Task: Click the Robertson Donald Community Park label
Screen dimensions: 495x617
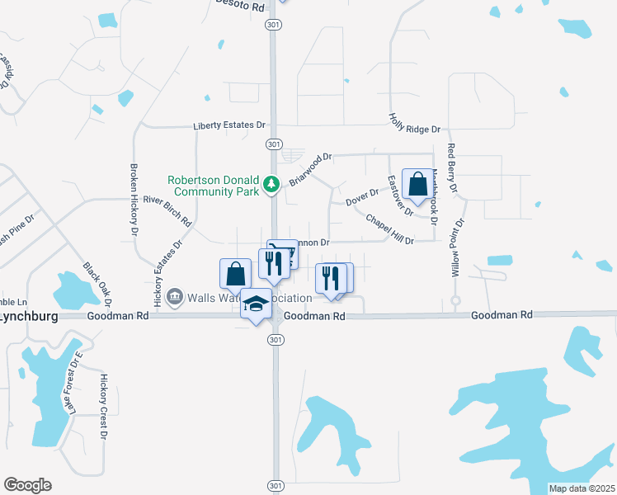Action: (x=213, y=186)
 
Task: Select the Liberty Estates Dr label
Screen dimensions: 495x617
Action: (x=229, y=125)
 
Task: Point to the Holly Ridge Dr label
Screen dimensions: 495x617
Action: (x=415, y=124)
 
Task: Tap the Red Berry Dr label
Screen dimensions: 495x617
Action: (x=452, y=168)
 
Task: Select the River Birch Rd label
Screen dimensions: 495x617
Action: (x=167, y=211)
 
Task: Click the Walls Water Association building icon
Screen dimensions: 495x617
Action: (x=175, y=297)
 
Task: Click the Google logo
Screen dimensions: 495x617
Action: (x=27, y=485)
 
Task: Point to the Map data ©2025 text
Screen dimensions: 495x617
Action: (x=582, y=488)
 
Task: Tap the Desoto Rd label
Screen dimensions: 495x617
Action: (x=239, y=6)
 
